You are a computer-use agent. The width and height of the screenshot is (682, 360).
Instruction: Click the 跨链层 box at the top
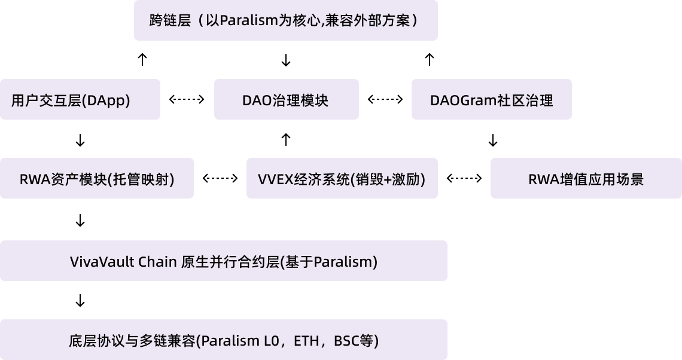pyautogui.click(x=285, y=20)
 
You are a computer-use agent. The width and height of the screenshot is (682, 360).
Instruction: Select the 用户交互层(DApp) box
pyautogui.click(x=80, y=100)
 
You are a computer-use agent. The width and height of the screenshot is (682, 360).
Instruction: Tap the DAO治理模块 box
pyautogui.click(x=286, y=100)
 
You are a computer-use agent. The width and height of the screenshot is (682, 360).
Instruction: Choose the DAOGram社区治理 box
pyautogui.click(x=491, y=100)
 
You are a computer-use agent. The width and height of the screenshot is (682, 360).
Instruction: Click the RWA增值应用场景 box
pyautogui.click(x=586, y=179)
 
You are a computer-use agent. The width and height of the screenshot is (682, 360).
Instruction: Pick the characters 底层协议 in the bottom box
pyautogui.click(x=90, y=341)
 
